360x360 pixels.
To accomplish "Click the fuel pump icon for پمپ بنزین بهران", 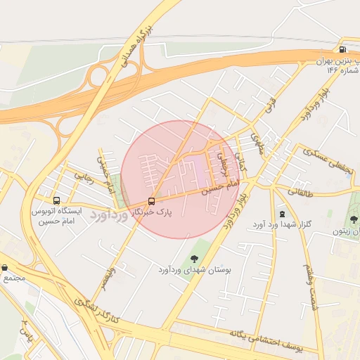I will [x=342, y=49].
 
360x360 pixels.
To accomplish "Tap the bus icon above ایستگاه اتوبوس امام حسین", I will [x=56, y=199].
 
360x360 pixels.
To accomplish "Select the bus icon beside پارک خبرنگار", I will [x=151, y=200].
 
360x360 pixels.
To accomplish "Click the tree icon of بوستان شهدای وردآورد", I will [x=194, y=259].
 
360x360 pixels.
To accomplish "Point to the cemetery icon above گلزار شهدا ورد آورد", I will [x=283, y=214].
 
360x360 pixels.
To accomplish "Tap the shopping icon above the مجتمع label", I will [x=6, y=267].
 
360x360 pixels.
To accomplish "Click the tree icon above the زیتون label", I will [x=353, y=219].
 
